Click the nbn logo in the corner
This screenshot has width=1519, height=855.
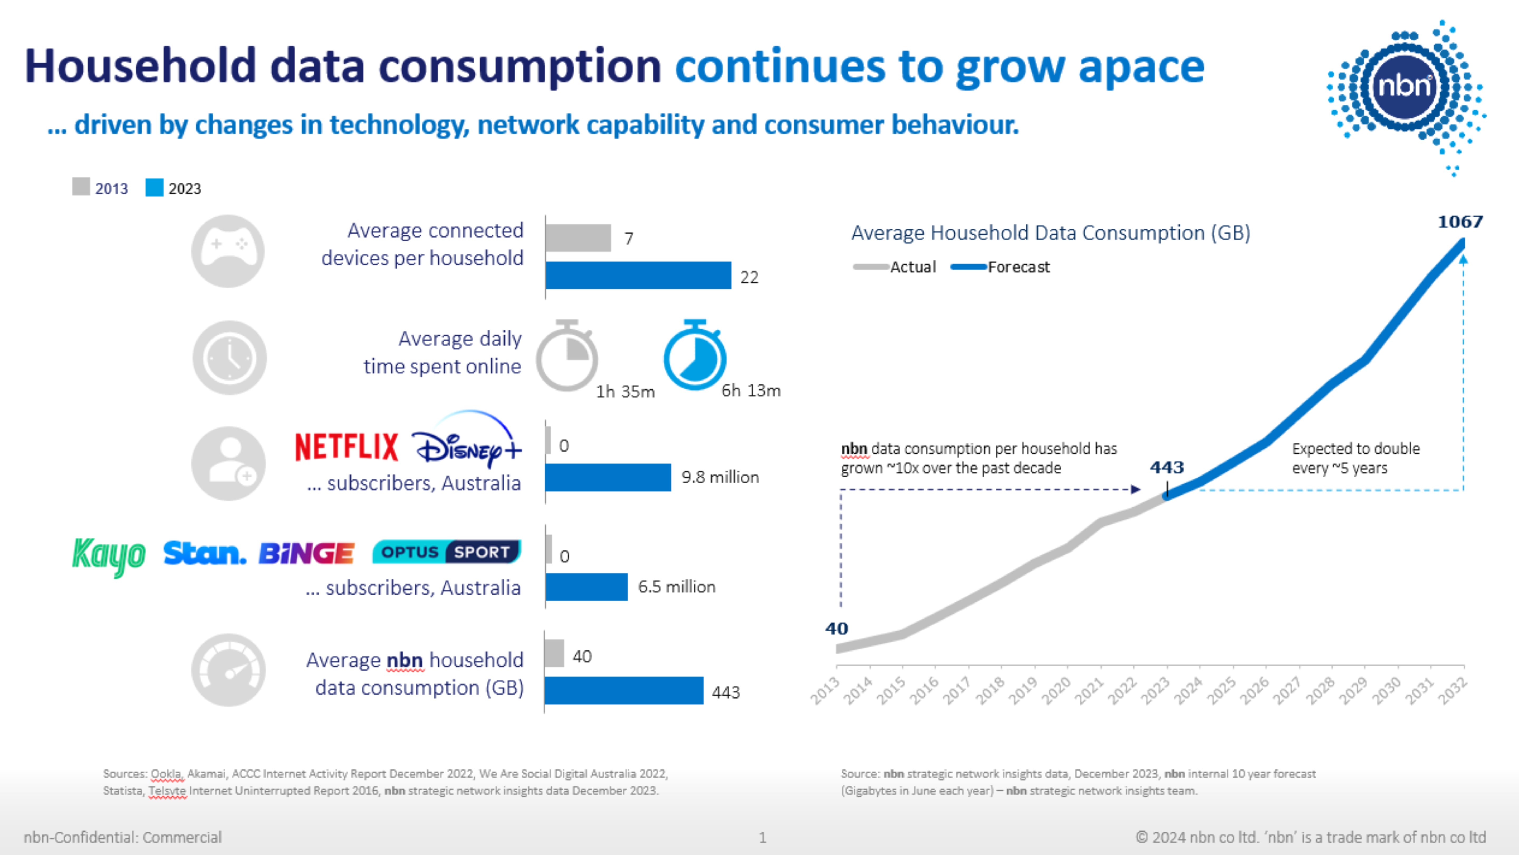(x=1406, y=88)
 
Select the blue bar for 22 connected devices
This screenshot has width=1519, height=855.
(x=638, y=275)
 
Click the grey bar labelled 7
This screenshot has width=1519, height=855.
(x=578, y=238)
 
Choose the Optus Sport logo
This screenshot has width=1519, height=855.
(x=447, y=552)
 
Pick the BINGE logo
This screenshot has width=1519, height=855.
(x=307, y=553)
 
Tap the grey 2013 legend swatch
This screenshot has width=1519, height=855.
(x=81, y=187)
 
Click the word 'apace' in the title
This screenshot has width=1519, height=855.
(x=1141, y=67)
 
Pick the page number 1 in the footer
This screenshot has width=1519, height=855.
(x=762, y=837)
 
